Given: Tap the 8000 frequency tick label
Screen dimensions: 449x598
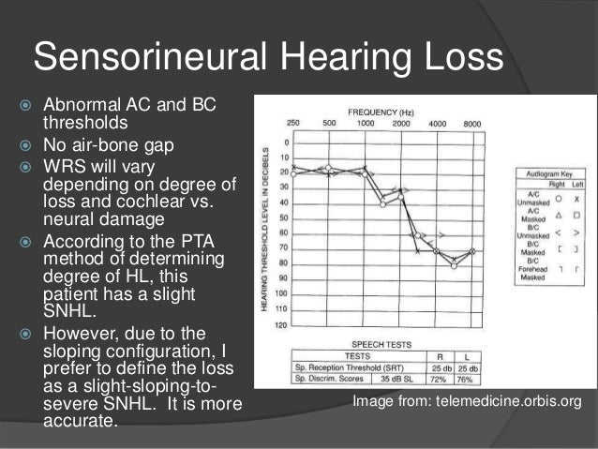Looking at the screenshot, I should (x=472, y=124).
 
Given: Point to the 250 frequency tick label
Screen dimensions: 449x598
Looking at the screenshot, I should (x=292, y=124).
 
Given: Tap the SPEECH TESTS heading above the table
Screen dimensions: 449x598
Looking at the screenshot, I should (x=382, y=344).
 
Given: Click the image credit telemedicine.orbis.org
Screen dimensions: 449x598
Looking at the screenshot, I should (x=467, y=401).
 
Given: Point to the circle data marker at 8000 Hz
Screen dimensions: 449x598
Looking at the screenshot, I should (x=473, y=251).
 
